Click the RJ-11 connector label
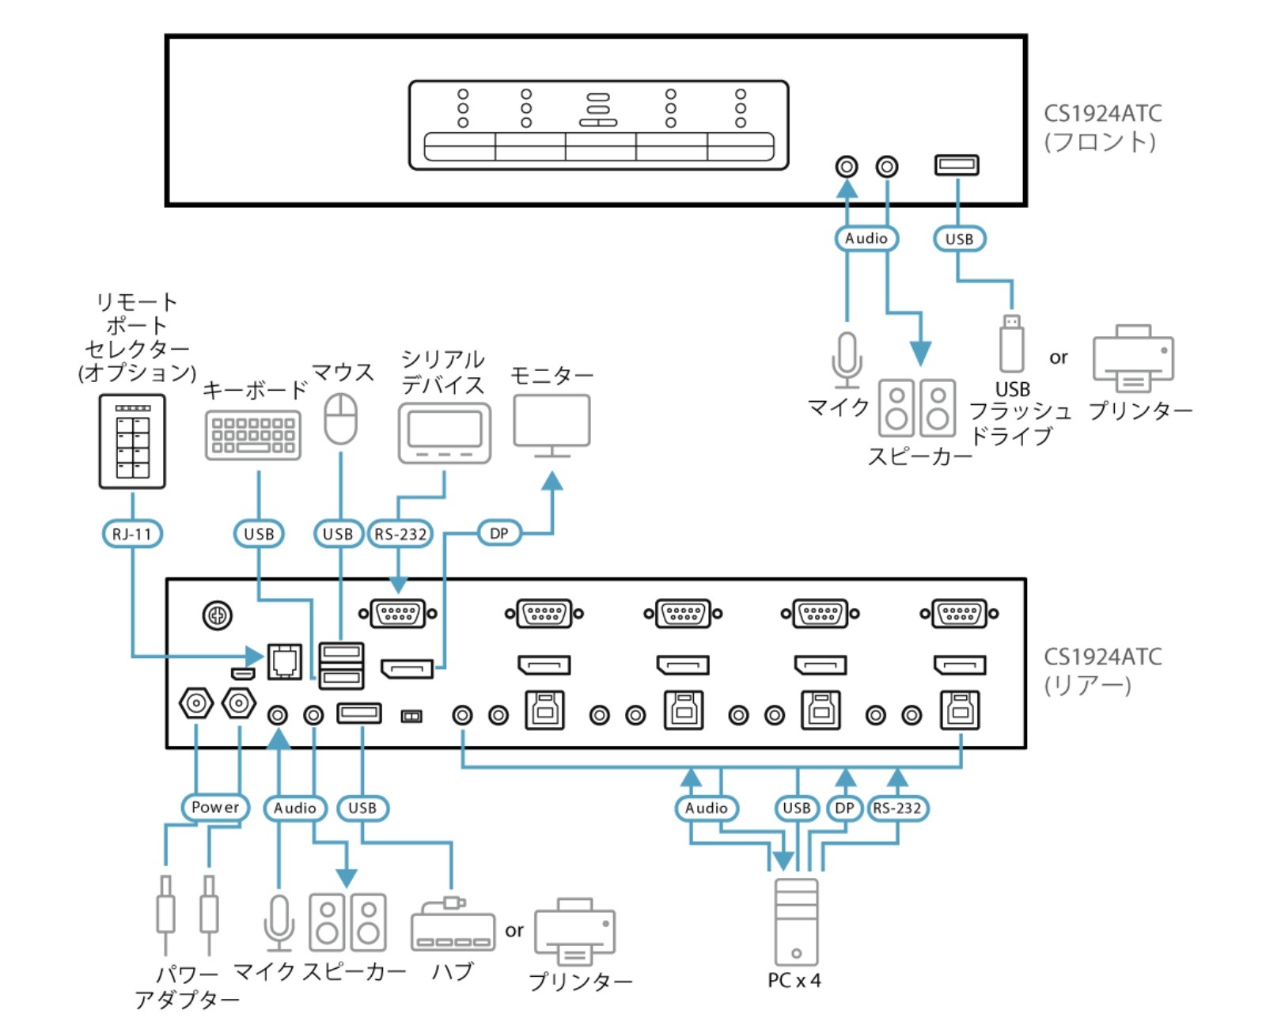pyautogui.click(x=132, y=534)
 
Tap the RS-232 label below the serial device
pyautogui.click(x=400, y=534)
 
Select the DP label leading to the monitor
pyautogui.click(x=498, y=533)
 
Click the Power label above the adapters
pyautogui.click(x=214, y=808)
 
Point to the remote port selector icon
pyautogui.click(x=132, y=441)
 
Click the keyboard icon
pyautogui.click(x=253, y=435)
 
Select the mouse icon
pyautogui.click(x=341, y=418)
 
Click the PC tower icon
pyautogui.click(x=796, y=921)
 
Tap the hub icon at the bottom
pyautogui.click(x=453, y=926)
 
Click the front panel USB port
pyautogui.click(x=957, y=165)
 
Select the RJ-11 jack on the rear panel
pyautogui.click(x=285, y=660)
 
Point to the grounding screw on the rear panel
pyautogui.click(x=218, y=615)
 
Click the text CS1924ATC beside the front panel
pyautogui.click(x=1102, y=114)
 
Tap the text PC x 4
pyautogui.click(x=794, y=981)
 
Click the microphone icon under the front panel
pyautogui.click(x=847, y=361)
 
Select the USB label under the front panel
pyautogui.click(x=959, y=239)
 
